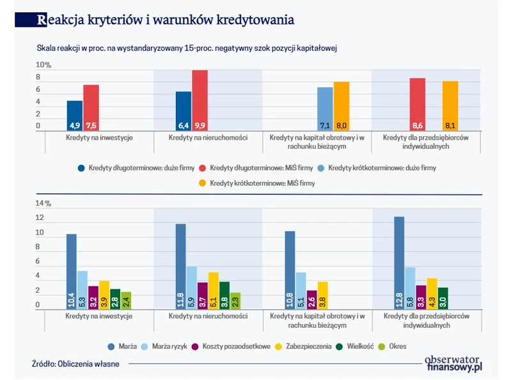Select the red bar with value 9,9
pos(200,101)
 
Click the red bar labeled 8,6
pos(417,104)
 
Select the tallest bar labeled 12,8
pos(399,263)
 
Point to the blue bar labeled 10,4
pos(71,271)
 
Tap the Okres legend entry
pos(402,347)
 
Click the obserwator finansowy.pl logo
pos(453,363)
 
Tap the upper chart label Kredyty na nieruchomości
pos(207,138)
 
